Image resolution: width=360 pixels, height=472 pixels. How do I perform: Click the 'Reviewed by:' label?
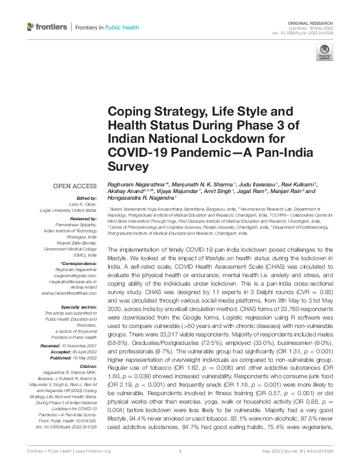(x=83, y=218)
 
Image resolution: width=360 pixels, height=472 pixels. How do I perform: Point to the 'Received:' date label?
(x=63, y=345)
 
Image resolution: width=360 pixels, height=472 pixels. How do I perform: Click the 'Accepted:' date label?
(x=63, y=352)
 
